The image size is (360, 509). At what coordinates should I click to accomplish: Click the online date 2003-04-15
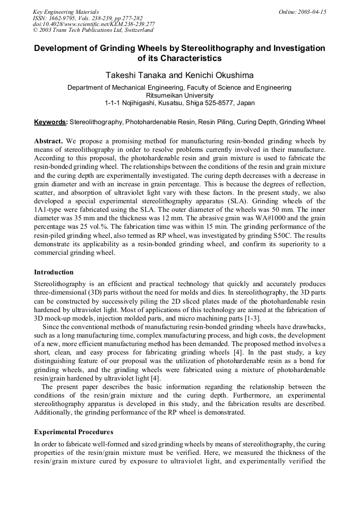coord(310,12)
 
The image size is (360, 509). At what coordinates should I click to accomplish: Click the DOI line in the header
coord(93,24)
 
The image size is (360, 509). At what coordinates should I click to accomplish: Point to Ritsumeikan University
coord(179,95)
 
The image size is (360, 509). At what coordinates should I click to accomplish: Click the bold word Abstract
coord(49,141)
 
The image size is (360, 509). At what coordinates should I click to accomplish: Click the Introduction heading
coord(54,272)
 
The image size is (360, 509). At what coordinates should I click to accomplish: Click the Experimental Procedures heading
coord(73,432)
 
